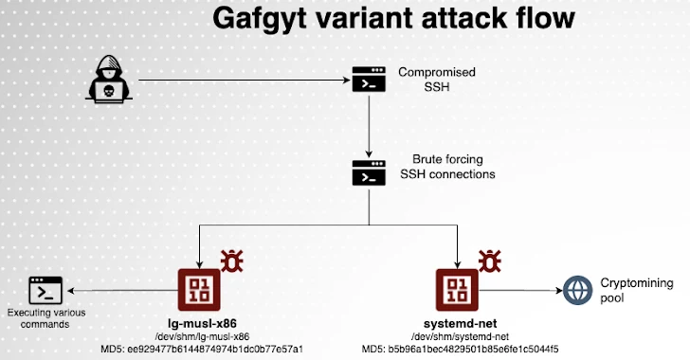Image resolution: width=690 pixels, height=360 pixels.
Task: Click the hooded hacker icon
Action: [113, 80]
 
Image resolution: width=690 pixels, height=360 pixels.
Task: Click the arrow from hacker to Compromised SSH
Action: [246, 80]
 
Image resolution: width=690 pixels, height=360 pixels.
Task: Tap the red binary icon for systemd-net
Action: [458, 290]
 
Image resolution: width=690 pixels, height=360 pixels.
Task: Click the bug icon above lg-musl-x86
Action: [230, 260]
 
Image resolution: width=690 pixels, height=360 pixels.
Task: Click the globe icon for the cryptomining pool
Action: [577, 290]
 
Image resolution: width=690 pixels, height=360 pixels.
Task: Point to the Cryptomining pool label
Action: [631, 290]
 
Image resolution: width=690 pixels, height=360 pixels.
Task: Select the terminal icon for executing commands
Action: [45, 289]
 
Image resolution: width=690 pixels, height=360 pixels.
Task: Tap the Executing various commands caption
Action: [45, 318]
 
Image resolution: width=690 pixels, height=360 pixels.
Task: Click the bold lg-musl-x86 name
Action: [201, 323]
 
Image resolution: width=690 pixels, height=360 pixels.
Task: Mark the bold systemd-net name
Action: [459, 323]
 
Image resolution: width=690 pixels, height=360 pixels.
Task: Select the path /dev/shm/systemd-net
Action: [459, 336]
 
